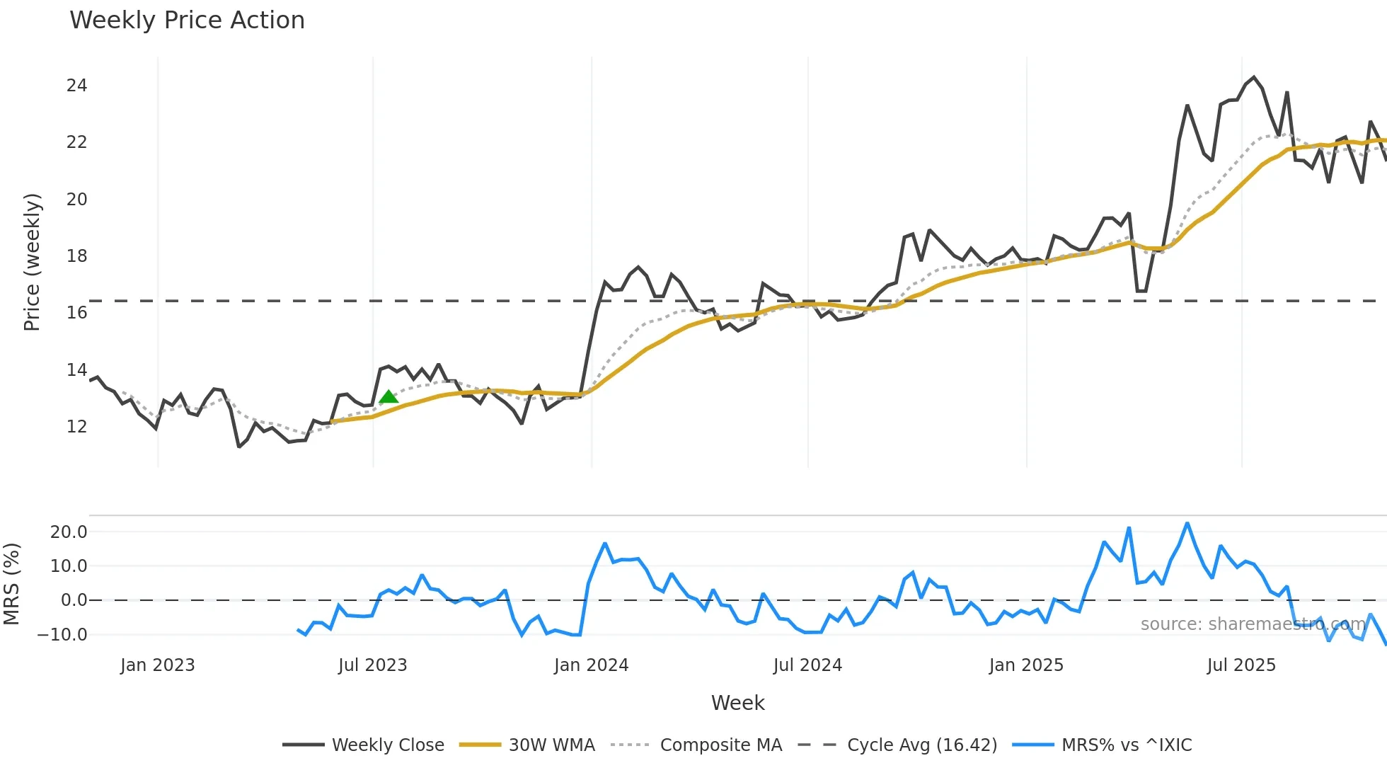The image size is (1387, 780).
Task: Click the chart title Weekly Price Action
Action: [187, 21]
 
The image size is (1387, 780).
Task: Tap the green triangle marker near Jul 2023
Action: [389, 397]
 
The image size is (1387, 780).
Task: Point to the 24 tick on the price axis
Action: [76, 86]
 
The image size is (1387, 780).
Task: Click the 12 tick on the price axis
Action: [76, 427]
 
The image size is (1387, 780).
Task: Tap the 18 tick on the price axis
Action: [76, 256]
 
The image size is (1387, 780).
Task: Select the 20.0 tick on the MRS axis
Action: [69, 532]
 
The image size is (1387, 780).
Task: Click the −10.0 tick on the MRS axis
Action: [63, 635]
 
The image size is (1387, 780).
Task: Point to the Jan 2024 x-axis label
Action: [591, 665]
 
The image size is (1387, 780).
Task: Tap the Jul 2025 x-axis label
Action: [1241, 665]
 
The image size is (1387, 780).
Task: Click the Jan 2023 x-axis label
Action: [157, 665]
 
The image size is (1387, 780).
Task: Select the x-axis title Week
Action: [737, 703]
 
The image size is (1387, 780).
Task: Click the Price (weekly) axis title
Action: [32, 262]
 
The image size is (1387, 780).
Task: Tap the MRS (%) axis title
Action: [11, 584]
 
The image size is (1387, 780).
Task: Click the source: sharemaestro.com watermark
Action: [1253, 624]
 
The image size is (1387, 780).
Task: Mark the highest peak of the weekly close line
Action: [1254, 77]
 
